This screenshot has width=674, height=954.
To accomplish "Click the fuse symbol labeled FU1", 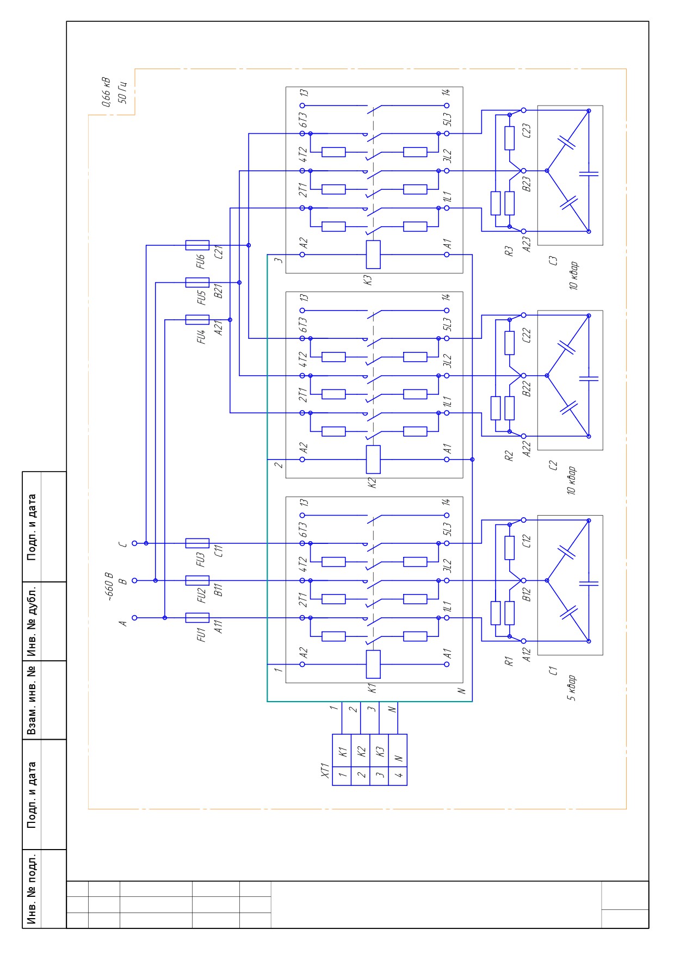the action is (197, 618).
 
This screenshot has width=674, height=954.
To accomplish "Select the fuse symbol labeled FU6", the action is (197, 245).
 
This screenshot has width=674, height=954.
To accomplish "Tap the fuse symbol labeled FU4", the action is (197, 320).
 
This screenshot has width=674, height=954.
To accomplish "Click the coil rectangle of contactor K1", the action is (373, 664).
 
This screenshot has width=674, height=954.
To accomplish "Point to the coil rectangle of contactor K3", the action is (373, 255).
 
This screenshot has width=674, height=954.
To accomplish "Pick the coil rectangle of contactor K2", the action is (373, 460).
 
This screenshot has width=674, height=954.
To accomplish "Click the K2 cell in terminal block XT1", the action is (361, 753).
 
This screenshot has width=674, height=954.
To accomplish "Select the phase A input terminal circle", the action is (134, 618).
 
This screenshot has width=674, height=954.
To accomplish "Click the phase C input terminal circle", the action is (134, 543).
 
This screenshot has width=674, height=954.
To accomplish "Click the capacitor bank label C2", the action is (554, 465).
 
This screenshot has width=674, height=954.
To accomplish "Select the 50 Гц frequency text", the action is (122, 92).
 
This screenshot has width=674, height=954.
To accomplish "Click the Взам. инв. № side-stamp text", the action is (32, 700).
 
